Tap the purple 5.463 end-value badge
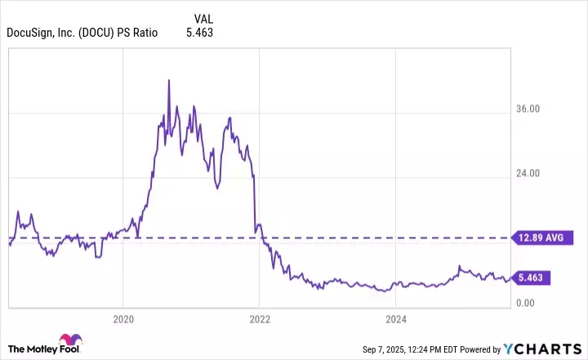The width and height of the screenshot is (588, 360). (x=531, y=278)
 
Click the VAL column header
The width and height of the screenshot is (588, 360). (x=205, y=18)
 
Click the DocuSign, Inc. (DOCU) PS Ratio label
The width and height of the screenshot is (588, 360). (x=82, y=33)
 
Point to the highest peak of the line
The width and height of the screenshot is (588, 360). (x=168, y=80)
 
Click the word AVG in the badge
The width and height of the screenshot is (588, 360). (x=554, y=238)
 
